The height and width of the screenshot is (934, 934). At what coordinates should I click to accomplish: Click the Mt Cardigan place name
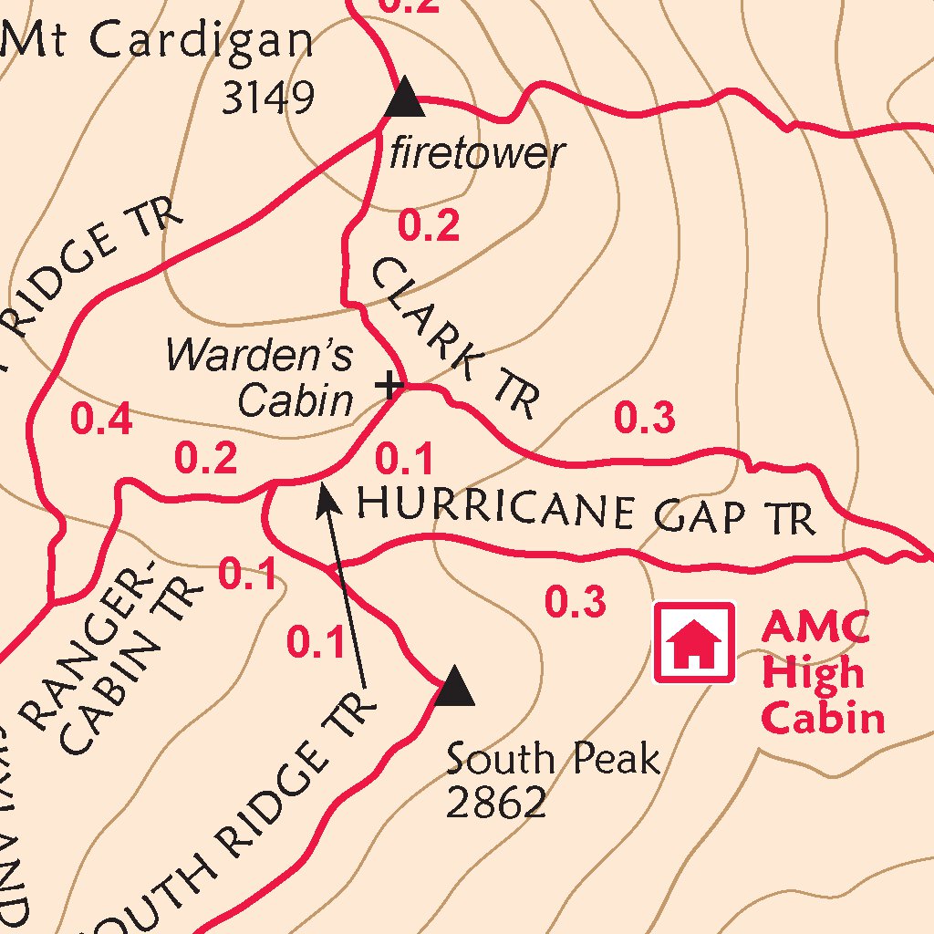[157, 41]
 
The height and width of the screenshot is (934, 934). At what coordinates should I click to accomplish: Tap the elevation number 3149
[268, 98]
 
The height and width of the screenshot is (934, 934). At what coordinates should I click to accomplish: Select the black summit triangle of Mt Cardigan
[405, 99]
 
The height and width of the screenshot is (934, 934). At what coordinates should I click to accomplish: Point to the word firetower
[477, 152]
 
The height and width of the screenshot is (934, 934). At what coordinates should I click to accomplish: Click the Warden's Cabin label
[260, 377]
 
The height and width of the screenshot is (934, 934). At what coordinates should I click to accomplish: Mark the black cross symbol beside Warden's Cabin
[390, 386]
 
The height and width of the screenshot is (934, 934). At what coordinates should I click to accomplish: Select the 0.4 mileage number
[101, 420]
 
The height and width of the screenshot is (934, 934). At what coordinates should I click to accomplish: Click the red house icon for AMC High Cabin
[694, 641]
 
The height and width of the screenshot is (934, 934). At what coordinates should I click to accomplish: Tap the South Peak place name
[552, 758]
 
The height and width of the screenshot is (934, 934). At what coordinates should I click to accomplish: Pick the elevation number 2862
[496, 803]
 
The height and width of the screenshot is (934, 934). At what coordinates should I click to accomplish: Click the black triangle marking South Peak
[453, 688]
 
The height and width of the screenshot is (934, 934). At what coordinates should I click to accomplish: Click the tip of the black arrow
[323, 489]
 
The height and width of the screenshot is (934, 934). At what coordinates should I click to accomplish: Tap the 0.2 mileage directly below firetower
[429, 225]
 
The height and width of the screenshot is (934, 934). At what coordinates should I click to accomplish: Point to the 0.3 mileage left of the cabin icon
[576, 602]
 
